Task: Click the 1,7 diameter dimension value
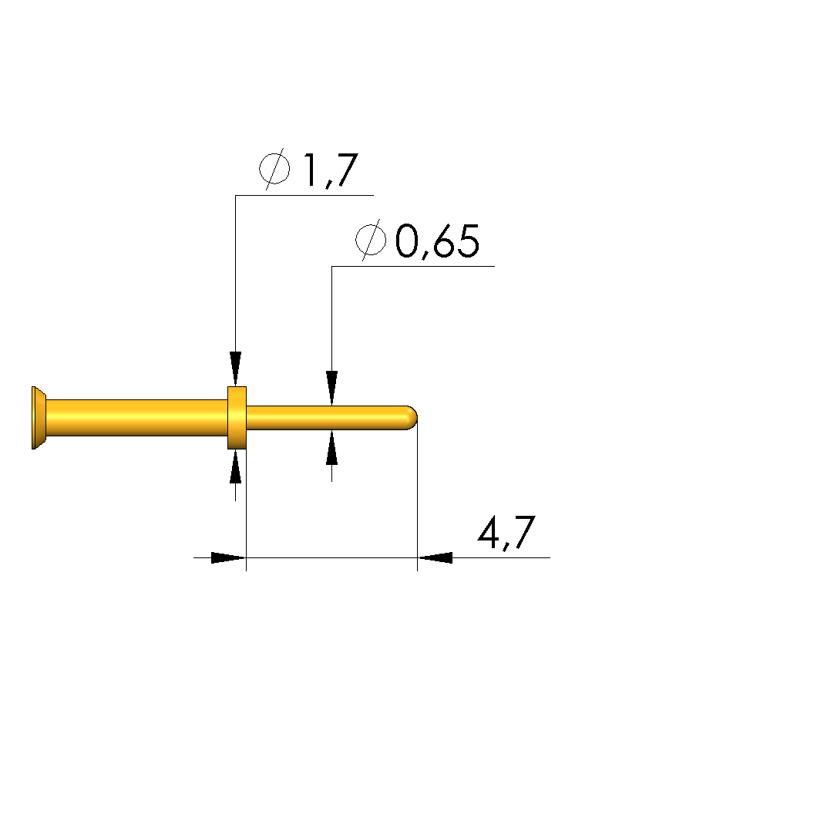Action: click(x=330, y=170)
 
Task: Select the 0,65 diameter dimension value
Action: click(x=437, y=241)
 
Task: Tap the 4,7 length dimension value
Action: click(x=506, y=533)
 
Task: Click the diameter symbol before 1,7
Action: click(x=274, y=169)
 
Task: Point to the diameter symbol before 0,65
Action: click(x=371, y=240)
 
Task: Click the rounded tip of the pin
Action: click(x=412, y=418)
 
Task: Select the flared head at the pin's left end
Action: click(x=39, y=418)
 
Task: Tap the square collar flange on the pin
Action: click(x=237, y=418)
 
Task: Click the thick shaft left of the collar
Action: click(x=136, y=418)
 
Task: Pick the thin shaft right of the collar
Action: click(x=326, y=418)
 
